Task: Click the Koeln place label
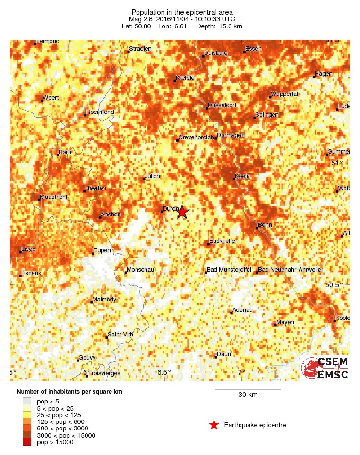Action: coord(242,176)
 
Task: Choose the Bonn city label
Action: coord(265,225)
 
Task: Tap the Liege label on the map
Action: coord(28,249)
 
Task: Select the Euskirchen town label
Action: coord(224,241)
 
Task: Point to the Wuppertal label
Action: coord(285,94)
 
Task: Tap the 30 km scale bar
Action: coord(248,391)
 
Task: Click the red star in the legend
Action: coord(214,425)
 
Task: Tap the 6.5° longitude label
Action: coord(164,372)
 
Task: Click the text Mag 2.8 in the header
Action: coord(142,18)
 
